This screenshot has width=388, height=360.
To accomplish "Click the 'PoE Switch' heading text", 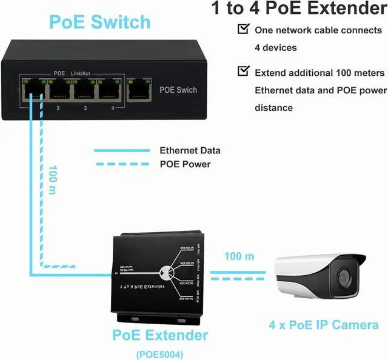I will point(99,22).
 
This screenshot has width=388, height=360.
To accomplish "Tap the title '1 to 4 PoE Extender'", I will point(298,8).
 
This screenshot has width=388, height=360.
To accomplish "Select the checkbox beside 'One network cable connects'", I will point(243,28).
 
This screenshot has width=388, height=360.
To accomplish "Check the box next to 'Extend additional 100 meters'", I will point(243,72).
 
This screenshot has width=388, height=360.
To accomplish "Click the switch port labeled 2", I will point(59,92).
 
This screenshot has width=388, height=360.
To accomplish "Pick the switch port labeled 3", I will point(84,92).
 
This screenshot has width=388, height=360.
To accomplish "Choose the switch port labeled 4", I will point(110,92).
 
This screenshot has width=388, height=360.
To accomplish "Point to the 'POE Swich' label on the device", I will point(178,90).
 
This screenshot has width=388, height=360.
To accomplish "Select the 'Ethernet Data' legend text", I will point(190,151).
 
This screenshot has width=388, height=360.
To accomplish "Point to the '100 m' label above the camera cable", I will point(239,256).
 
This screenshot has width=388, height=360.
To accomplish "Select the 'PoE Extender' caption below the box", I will point(160,335).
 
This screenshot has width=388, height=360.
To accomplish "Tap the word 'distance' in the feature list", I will point(273,108).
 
